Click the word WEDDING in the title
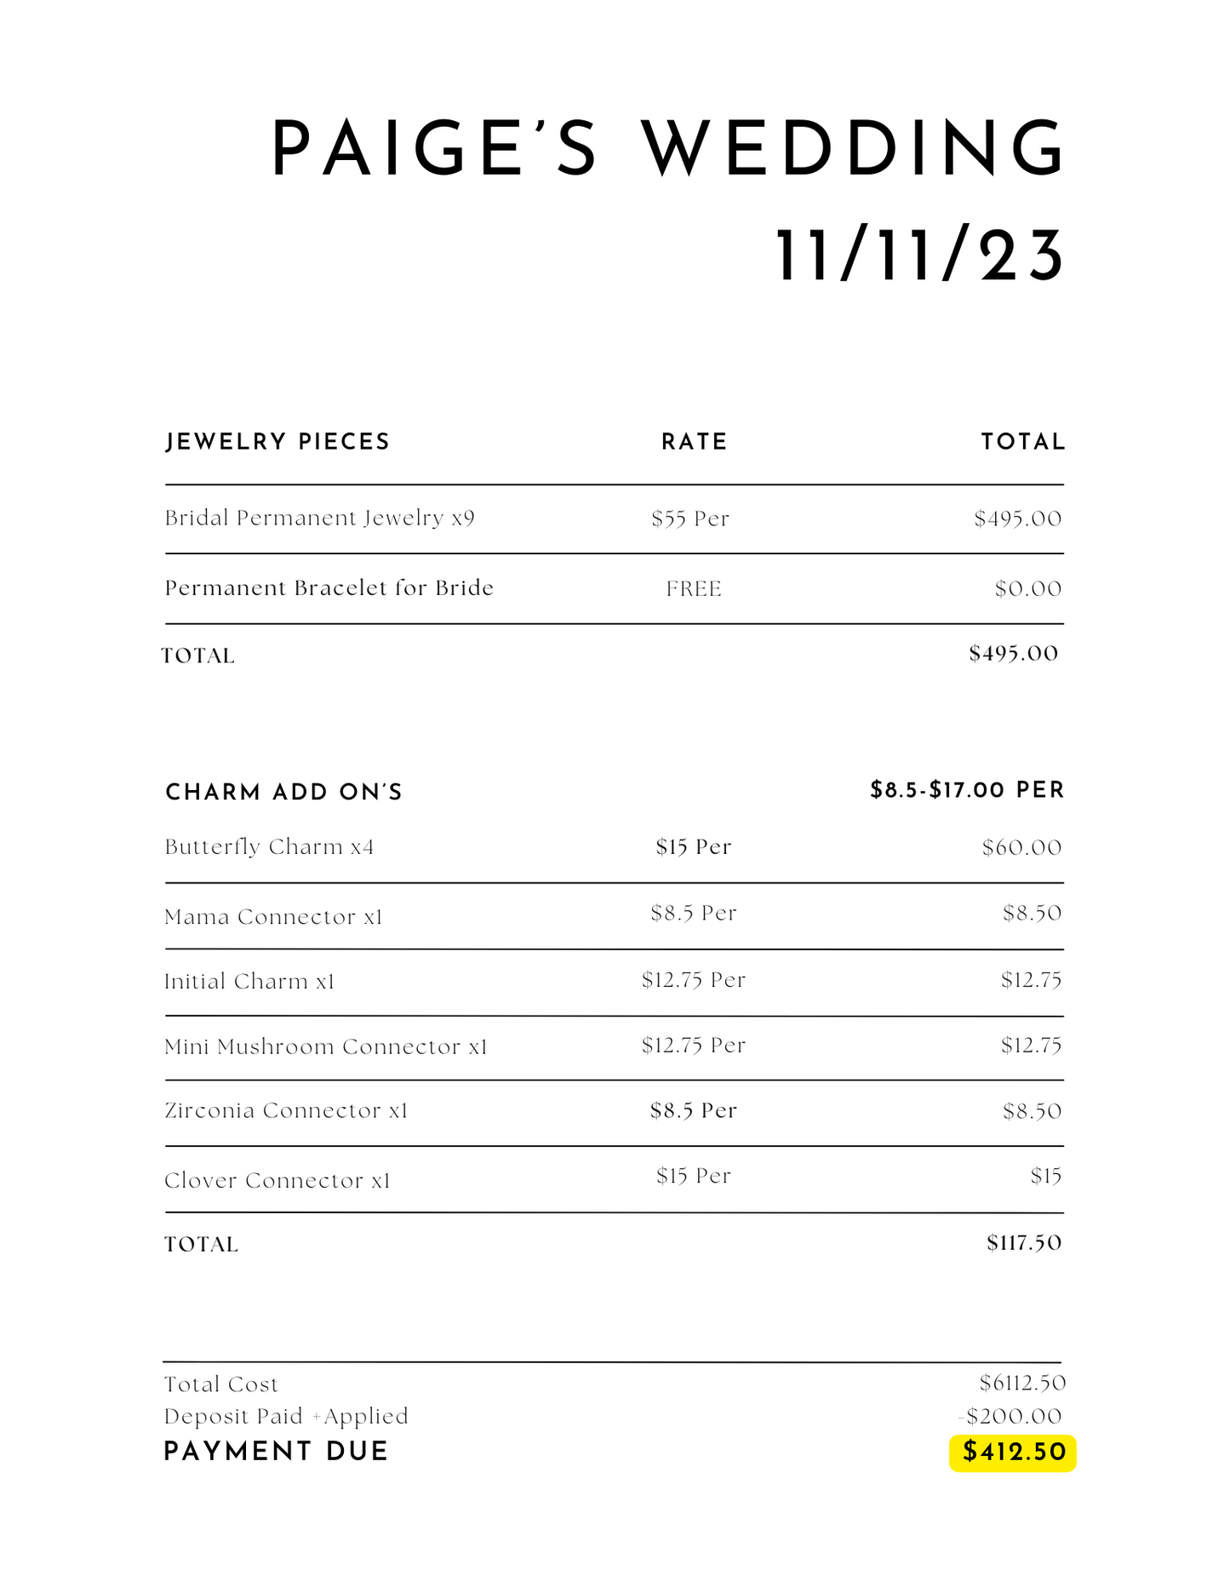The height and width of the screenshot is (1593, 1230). point(853,148)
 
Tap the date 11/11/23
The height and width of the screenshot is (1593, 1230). point(919,256)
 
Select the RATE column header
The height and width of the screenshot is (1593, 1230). point(695,442)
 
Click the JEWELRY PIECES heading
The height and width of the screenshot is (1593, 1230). point(277,442)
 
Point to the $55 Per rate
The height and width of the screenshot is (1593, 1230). point(690,519)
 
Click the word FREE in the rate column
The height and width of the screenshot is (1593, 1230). point(694,589)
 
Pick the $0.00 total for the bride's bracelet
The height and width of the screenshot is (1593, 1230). point(1028,589)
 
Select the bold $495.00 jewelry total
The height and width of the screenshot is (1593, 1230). point(1013,654)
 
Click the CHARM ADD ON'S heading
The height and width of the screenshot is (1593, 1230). point(283,793)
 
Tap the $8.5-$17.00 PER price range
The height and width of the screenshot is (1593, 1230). point(967,790)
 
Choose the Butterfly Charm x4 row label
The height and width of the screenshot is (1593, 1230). point(269,847)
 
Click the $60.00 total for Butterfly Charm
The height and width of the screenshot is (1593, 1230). point(1021,848)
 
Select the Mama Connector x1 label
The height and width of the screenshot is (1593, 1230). point(273,917)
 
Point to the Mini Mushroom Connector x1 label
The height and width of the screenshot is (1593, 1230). point(326,1046)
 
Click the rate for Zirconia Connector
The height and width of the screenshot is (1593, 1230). point(693,1110)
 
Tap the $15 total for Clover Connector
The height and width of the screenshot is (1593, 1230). point(1045,1177)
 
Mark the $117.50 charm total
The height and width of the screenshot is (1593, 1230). point(1024,1243)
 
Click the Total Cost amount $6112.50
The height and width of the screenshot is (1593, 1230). point(1022,1383)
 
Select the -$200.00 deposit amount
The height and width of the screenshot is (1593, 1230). point(1010,1417)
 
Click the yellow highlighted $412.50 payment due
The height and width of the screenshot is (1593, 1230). point(1013,1453)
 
